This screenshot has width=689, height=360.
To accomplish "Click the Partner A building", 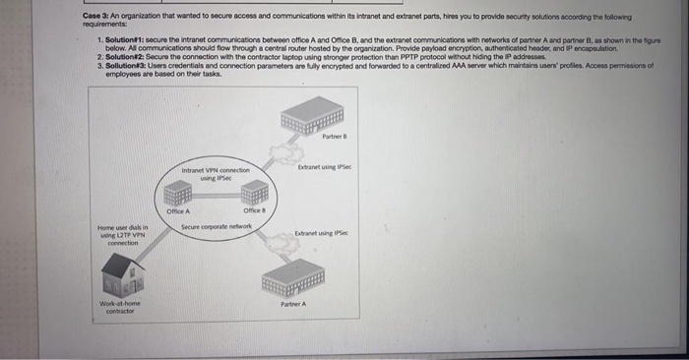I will tap(293, 274).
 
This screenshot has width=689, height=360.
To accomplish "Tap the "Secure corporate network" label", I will tap(217, 226).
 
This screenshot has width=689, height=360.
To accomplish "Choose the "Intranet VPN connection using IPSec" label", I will tap(216, 174).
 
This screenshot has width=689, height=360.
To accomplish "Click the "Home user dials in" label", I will tap(124, 229).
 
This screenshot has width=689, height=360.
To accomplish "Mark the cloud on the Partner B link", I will tap(287, 152).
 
